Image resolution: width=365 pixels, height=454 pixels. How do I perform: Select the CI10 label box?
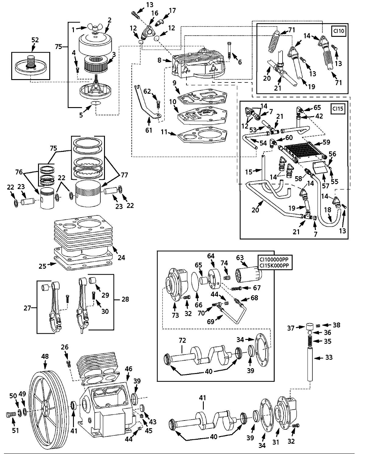coord(339,31)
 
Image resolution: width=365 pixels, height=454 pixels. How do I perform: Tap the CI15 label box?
coord(338,109)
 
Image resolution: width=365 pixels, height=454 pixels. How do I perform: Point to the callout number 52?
coord(35,40)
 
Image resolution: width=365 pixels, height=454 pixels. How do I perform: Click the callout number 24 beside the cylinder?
coord(121,257)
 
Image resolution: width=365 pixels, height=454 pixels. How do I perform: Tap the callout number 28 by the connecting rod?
coord(125,299)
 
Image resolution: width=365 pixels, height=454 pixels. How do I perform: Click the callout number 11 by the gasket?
coord(164,132)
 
